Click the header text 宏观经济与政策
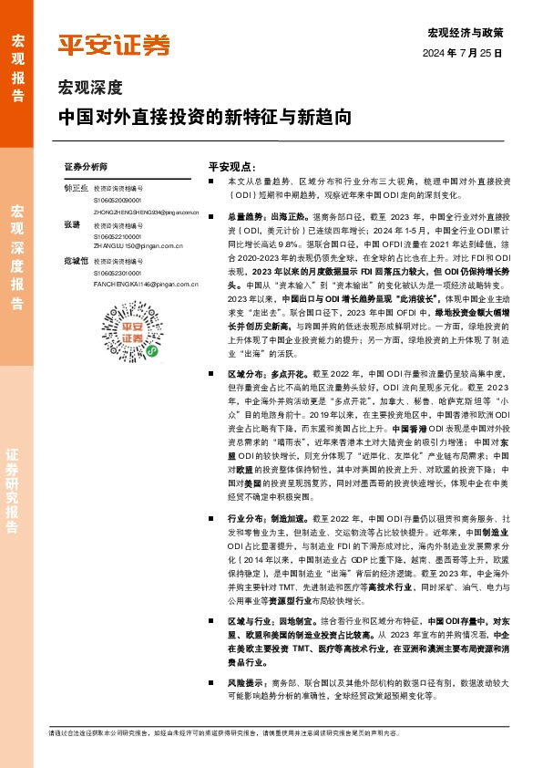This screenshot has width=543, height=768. pyautogui.click(x=465, y=33)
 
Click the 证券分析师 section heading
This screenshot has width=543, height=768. pyautogui.click(x=87, y=168)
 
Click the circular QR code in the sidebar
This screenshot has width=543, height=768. pyautogui.click(x=114, y=361)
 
